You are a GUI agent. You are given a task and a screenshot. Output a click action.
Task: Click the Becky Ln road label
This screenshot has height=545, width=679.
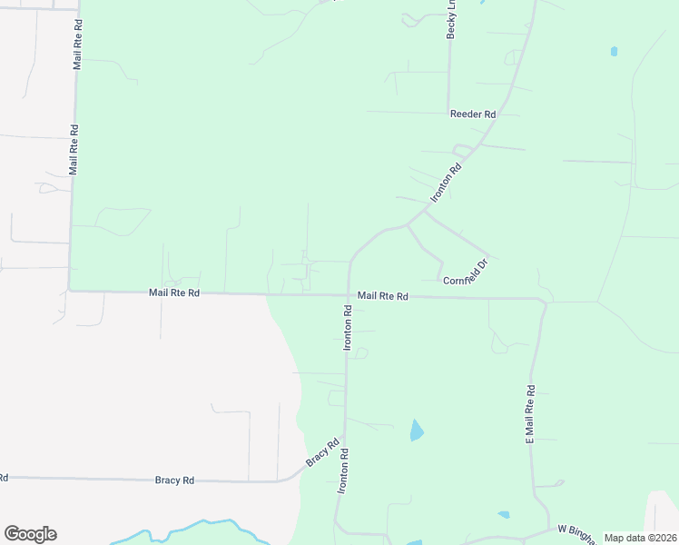(x=450, y=18)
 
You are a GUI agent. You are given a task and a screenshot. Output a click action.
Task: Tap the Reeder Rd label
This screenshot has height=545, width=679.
(x=473, y=114)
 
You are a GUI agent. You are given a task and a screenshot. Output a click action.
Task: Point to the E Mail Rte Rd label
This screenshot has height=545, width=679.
(x=530, y=413)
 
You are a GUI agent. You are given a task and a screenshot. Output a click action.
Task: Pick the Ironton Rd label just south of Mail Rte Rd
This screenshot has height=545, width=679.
(x=347, y=328)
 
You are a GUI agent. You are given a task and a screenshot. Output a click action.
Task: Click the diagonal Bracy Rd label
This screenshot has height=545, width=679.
(x=316, y=454)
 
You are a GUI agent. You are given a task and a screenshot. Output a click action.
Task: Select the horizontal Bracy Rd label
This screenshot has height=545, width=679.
(x=174, y=480)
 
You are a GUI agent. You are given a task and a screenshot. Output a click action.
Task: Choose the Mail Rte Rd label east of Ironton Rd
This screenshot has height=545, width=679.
(x=383, y=296)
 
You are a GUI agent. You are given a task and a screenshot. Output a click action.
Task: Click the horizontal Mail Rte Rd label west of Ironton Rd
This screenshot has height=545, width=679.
(x=174, y=293)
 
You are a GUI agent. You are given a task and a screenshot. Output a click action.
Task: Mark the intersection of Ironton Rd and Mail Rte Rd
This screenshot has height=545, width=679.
(x=349, y=295)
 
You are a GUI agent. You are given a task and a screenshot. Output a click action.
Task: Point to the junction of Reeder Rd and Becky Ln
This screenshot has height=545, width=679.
(x=448, y=114)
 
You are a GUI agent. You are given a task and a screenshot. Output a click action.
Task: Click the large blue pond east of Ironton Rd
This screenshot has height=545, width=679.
(x=417, y=431)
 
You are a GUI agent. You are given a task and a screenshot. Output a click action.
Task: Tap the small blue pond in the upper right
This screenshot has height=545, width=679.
(x=615, y=52)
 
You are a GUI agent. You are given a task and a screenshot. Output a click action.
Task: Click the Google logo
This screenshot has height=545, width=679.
(x=30, y=534)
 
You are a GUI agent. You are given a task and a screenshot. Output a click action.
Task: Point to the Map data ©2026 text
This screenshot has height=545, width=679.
(x=640, y=538)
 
